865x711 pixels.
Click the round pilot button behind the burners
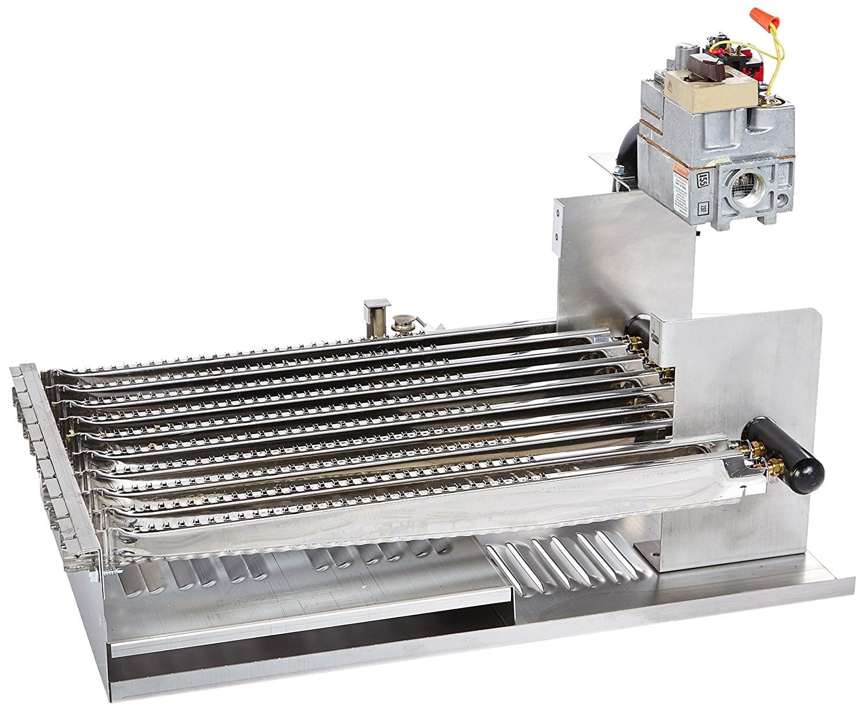coord(400,324)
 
